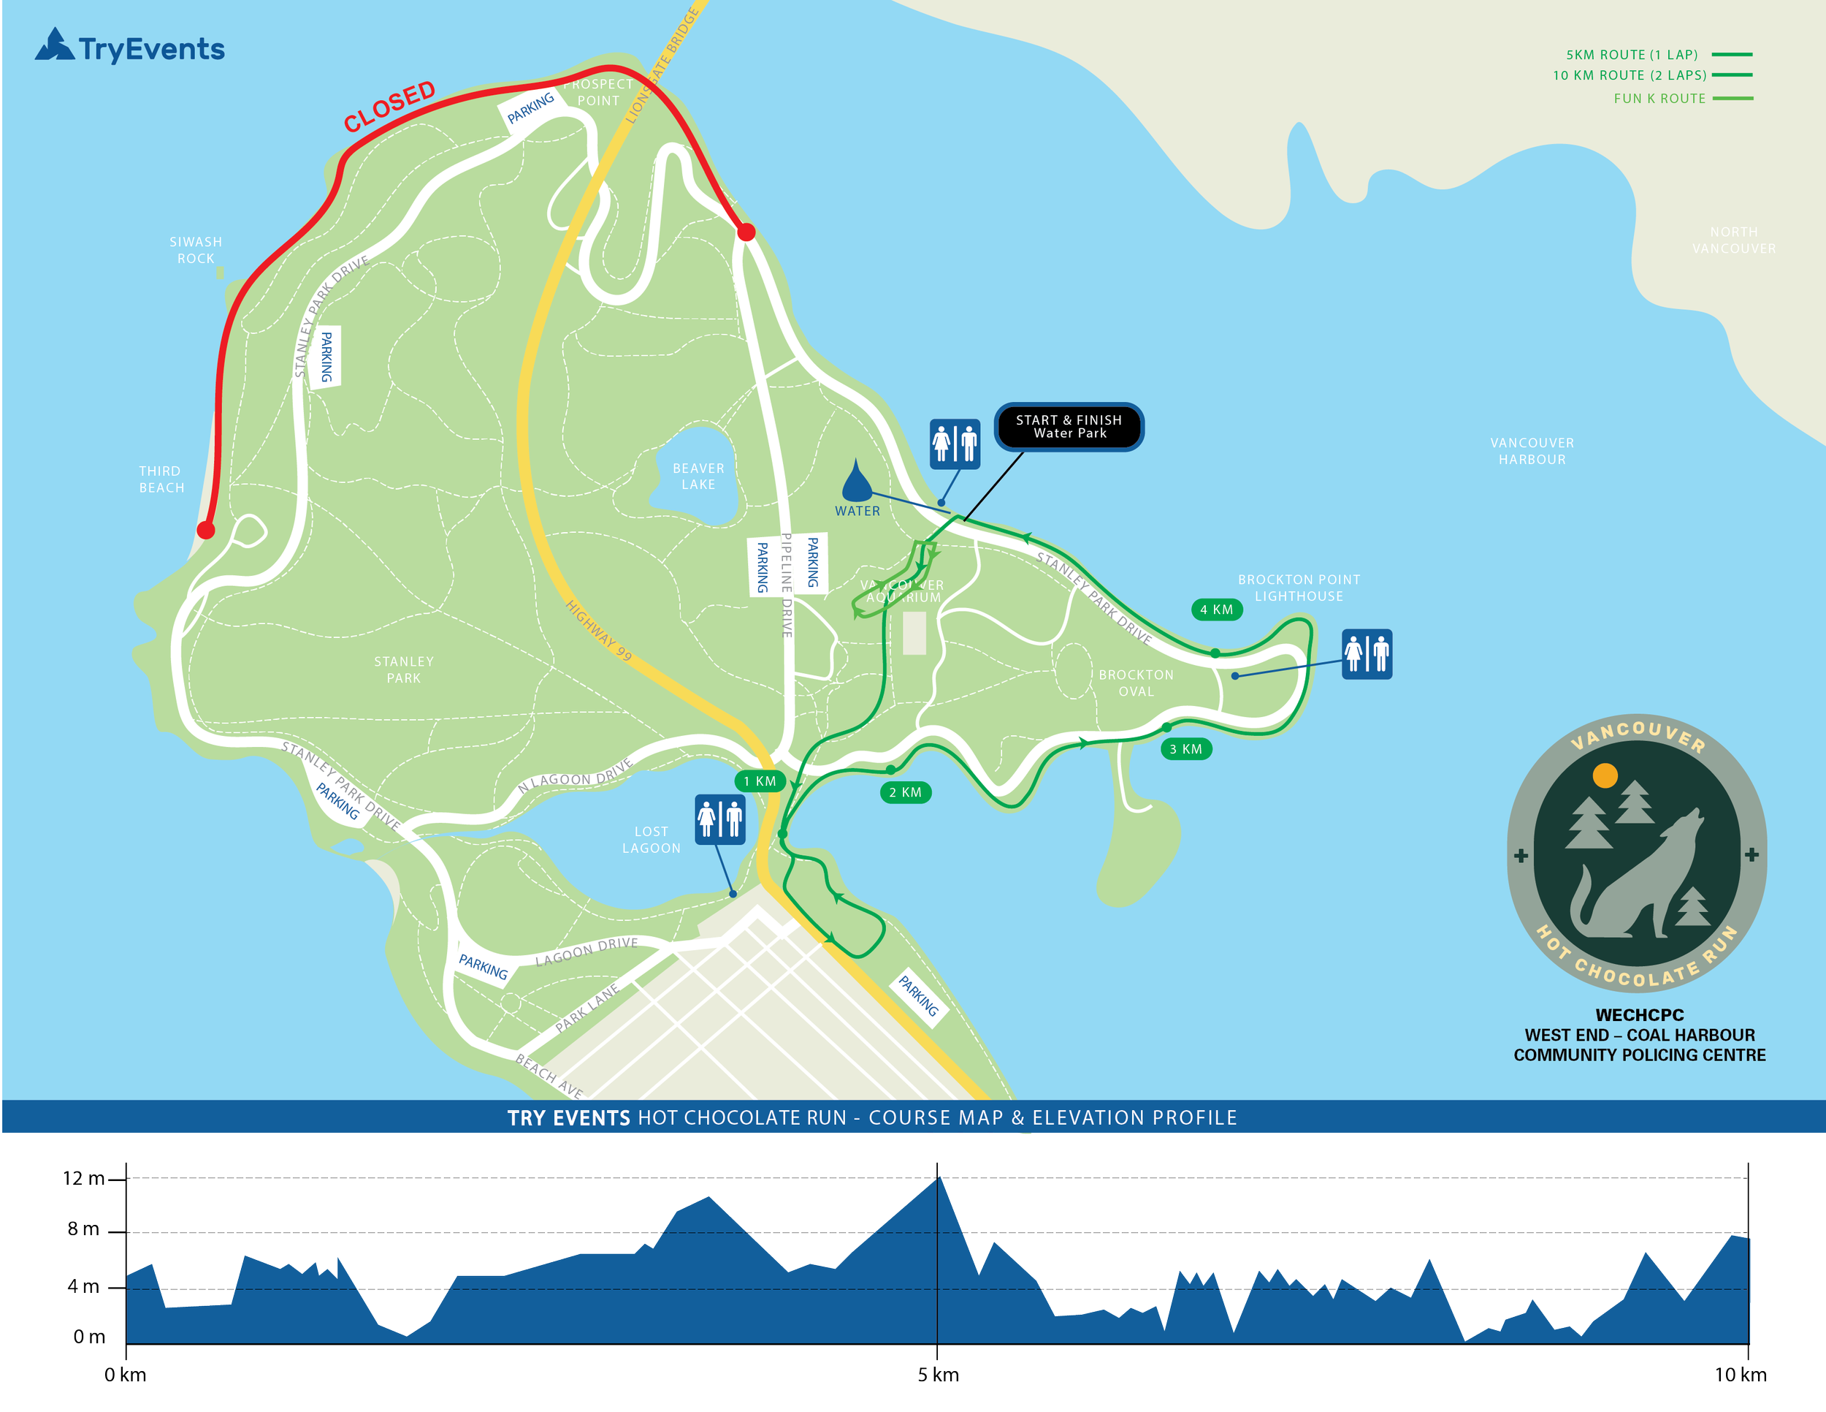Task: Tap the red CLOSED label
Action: click(x=389, y=105)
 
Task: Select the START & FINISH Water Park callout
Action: click(x=1069, y=427)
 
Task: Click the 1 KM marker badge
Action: click(x=759, y=781)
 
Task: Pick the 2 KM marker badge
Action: click(x=906, y=792)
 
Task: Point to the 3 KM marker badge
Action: click(x=1185, y=748)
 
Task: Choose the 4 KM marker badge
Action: click(x=1217, y=609)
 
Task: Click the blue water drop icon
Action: click(x=856, y=480)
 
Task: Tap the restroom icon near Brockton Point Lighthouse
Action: click(x=1366, y=653)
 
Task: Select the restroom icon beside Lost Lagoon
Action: click(x=720, y=819)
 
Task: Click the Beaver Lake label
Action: click(x=698, y=476)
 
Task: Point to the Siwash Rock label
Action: click(x=196, y=250)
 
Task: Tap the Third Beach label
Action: click(x=161, y=479)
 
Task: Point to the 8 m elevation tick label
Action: click(x=83, y=1229)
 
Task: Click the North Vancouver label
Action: click(x=1733, y=240)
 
